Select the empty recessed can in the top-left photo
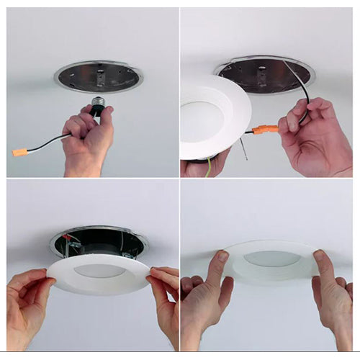point(98,76)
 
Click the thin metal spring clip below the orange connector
point(245,150)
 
